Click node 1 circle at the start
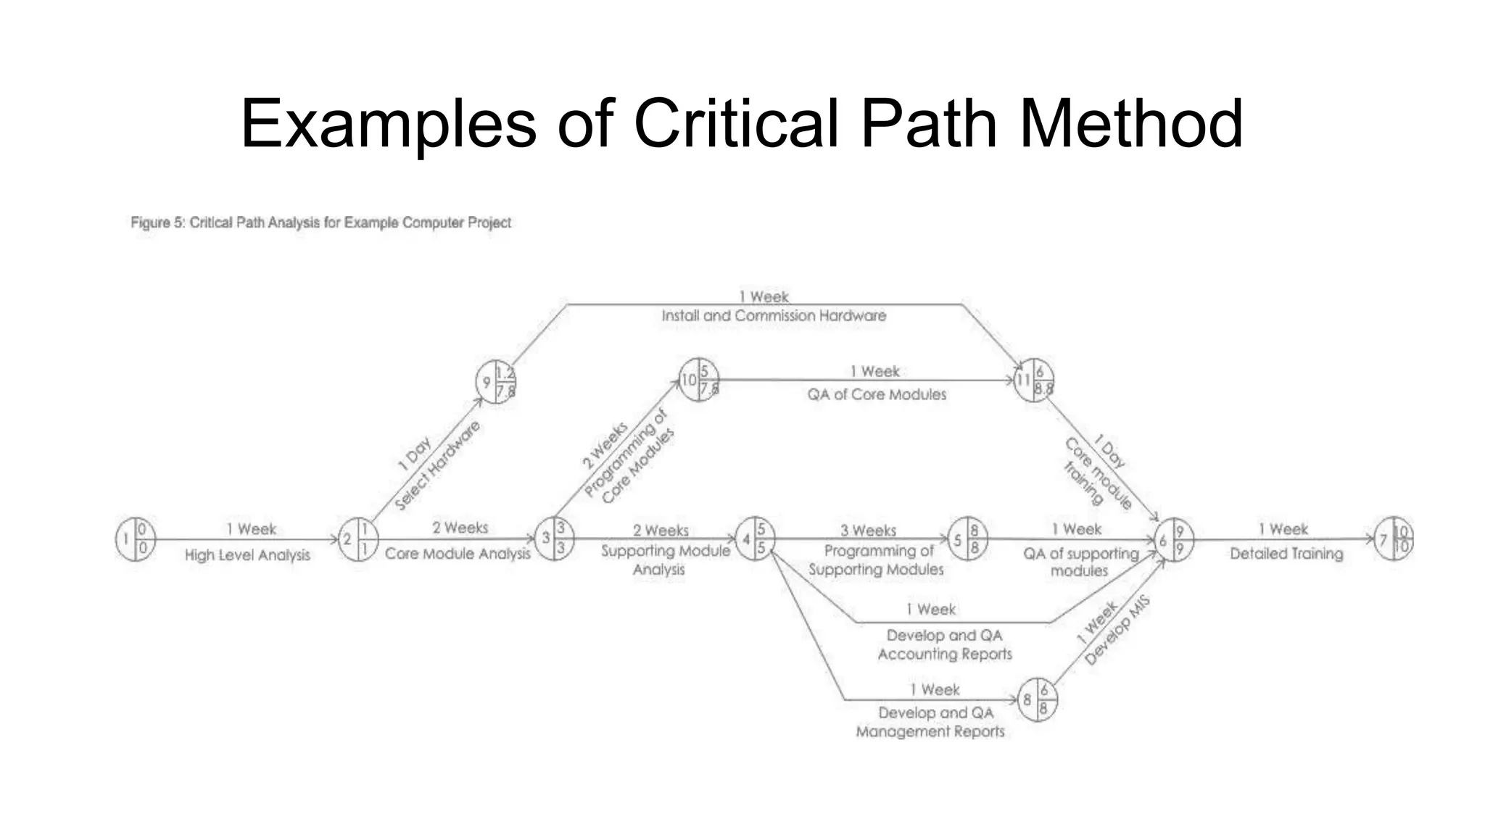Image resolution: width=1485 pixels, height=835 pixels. tap(136, 539)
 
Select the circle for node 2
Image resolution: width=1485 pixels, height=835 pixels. tap(358, 539)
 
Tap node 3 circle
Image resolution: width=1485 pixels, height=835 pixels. tap(555, 539)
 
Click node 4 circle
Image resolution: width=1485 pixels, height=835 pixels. tap(755, 539)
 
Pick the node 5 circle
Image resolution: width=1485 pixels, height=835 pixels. tap(967, 539)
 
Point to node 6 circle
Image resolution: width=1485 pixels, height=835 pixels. tap(1173, 540)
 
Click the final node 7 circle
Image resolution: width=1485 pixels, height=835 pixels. tap(1394, 539)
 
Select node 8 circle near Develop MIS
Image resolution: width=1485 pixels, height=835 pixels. tap(1037, 699)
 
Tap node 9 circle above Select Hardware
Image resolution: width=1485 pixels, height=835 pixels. tap(496, 382)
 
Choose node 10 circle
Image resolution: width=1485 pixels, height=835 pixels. tap(698, 380)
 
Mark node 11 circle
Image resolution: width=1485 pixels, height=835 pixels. tap(1033, 380)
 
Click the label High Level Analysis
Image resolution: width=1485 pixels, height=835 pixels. tap(247, 555)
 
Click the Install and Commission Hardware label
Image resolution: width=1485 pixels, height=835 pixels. tap(774, 316)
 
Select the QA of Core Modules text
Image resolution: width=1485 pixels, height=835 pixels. tap(877, 395)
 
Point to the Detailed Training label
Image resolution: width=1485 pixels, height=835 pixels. tap(1286, 554)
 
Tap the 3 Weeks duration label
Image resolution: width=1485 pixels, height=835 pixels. tap(868, 531)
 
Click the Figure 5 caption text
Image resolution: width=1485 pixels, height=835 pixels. tap(320, 223)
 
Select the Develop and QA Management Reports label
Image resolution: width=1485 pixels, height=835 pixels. tap(931, 722)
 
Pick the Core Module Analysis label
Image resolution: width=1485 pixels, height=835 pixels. tap(458, 554)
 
